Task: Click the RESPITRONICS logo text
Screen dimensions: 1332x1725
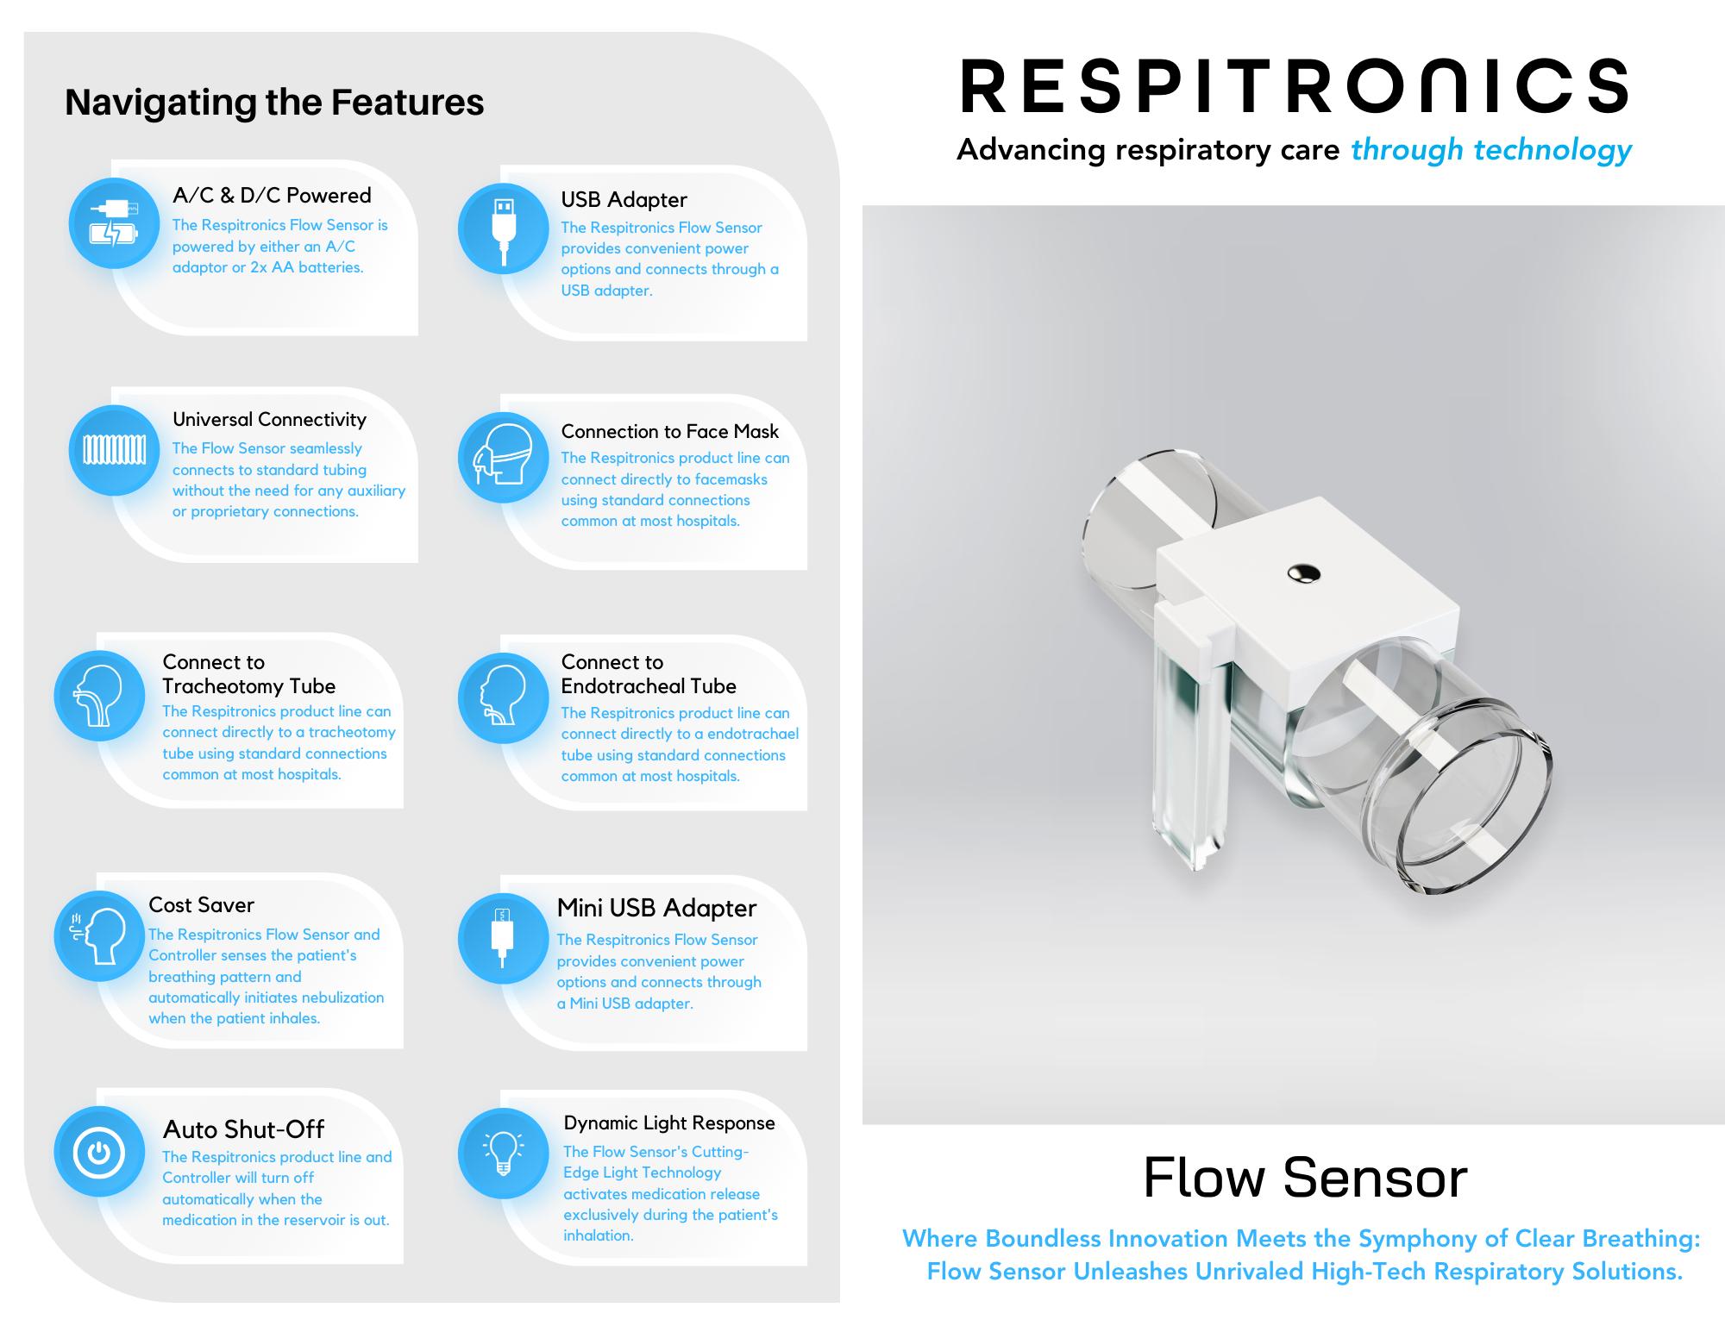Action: pyautogui.click(x=1294, y=86)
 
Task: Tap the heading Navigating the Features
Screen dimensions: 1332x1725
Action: pyautogui.click(x=274, y=102)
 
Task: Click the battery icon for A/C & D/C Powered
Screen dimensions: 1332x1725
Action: pyautogui.click(x=114, y=223)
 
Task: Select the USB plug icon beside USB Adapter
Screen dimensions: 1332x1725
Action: pyautogui.click(x=503, y=228)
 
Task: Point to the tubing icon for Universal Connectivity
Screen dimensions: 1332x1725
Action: pyautogui.click(x=114, y=450)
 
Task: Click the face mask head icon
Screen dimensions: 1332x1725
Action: pyautogui.click(x=503, y=458)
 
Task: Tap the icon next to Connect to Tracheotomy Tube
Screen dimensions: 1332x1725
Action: pyautogui.click(x=99, y=695)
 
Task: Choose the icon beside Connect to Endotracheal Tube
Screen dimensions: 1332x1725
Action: pyautogui.click(x=503, y=697)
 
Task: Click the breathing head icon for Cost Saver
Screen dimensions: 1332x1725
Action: pyautogui.click(x=99, y=935)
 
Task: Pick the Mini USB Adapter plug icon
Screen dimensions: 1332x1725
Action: pyautogui.click(x=503, y=938)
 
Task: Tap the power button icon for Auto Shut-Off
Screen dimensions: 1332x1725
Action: pyautogui.click(x=99, y=1152)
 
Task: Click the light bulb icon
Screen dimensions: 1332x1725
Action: pyautogui.click(x=503, y=1154)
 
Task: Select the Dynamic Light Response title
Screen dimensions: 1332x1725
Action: pyautogui.click(x=668, y=1123)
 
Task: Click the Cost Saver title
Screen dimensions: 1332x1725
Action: pyautogui.click(x=201, y=904)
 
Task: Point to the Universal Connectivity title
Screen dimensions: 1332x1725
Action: pyautogui.click(x=269, y=419)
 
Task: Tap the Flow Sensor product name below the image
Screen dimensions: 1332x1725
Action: pyautogui.click(x=1305, y=1178)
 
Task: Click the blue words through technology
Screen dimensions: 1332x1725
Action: pyautogui.click(x=1490, y=150)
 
